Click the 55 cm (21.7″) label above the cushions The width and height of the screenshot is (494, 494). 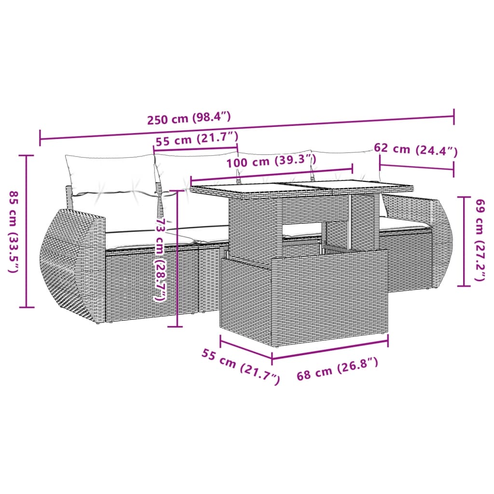(197, 141)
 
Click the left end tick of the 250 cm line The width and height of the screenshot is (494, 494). (40, 137)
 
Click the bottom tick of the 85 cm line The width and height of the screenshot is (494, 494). (26, 307)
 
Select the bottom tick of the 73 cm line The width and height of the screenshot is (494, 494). (175, 327)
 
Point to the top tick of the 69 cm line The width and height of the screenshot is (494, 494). (464, 197)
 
